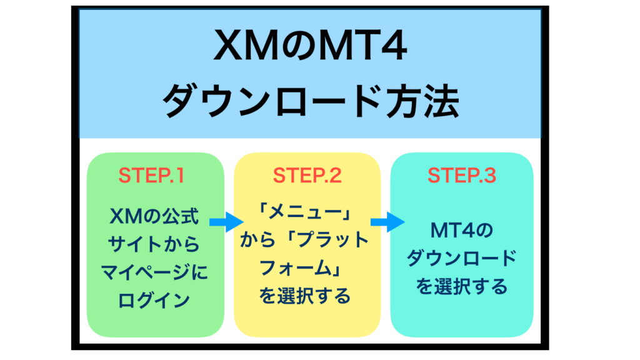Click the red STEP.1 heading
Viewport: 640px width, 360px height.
coord(151,176)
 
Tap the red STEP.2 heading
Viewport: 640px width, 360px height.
coord(307,176)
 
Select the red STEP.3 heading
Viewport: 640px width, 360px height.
coord(462,176)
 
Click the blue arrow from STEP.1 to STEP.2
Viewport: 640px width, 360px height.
coord(226,222)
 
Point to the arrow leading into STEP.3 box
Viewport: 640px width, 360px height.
coord(387,222)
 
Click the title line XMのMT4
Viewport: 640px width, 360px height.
coord(310,46)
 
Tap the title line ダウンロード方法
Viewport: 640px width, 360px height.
coord(311,101)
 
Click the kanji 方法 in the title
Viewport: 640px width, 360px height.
coord(423,101)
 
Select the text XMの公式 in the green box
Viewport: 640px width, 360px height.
coord(154,216)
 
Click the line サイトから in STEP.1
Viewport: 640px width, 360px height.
coord(154,244)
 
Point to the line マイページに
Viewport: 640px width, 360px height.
coord(154,272)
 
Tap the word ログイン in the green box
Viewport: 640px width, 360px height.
coord(154,300)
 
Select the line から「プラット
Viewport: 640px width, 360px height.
coord(304,239)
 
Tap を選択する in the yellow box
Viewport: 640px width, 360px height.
coord(305,296)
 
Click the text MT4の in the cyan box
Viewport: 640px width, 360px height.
coord(462,231)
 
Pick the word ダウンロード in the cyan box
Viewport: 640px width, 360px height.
coord(462,258)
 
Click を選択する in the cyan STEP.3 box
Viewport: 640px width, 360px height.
coord(462,286)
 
